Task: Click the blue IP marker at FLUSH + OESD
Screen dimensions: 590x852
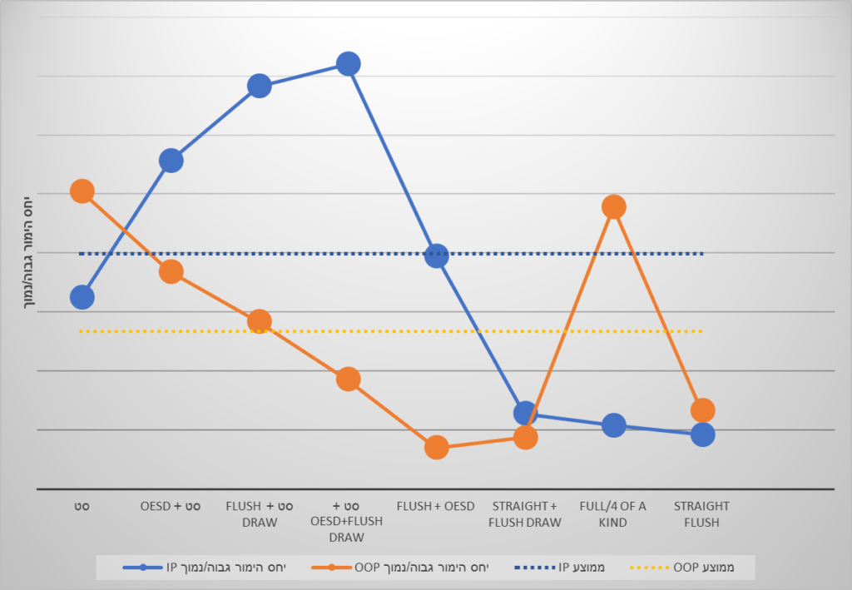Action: click(437, 255)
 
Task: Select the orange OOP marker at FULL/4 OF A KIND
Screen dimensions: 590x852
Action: click(613, 206)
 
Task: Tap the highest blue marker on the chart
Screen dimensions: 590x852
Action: click(348, 63)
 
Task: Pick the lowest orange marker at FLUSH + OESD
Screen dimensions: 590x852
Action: click(437, 447)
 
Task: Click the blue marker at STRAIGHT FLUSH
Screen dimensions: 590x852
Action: click(702, 434)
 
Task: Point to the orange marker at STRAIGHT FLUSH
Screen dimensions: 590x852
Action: click(702, 409)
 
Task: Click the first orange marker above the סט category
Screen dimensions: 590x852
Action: click(82, 191)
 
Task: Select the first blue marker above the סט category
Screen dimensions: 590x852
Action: click(82, 296)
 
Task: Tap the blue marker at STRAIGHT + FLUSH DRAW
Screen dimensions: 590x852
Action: click(525, 412)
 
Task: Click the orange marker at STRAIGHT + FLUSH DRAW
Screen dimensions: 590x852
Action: click(525, 437)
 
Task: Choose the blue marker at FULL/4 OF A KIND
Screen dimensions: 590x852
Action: click(613, 425)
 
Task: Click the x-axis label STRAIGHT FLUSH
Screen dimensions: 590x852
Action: click(701, 514)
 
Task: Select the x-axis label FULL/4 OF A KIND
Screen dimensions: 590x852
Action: click(613, 514)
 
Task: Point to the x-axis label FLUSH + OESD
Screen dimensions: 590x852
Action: click(436, 506)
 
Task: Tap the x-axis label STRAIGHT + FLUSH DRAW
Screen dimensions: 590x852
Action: click(525, 514)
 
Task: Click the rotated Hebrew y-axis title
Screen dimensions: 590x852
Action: click(27, 253)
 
